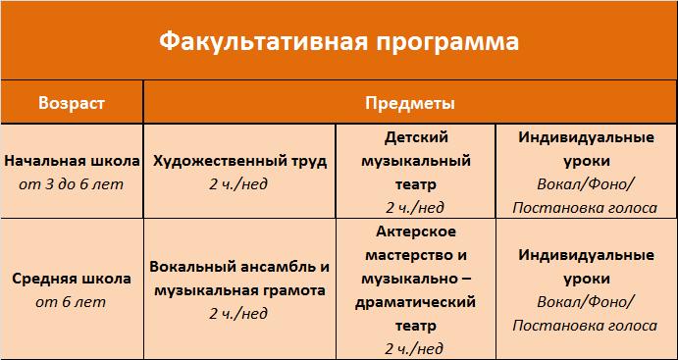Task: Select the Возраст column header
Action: pos(72,104)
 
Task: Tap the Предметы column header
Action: pos(409,103)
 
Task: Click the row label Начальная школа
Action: pos(72,161)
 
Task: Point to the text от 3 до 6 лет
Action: pos(72,184)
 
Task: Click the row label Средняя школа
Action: pos(72,279)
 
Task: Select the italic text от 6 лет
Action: pos(71,302)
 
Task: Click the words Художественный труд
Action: pos(240,162)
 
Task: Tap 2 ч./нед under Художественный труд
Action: pos(238,184)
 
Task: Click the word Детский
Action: pos(416,138)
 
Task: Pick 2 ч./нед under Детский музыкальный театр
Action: pos(415,208)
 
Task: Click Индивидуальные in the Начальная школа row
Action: pos(587,138)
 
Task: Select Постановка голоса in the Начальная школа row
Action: pos(585,208)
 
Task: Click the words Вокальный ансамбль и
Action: pos(239,267)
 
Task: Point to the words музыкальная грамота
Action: pos(240,290)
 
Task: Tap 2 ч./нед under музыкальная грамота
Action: pos(238,313)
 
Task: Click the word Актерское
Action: pos(416,231)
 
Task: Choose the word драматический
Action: pos(415,302)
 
